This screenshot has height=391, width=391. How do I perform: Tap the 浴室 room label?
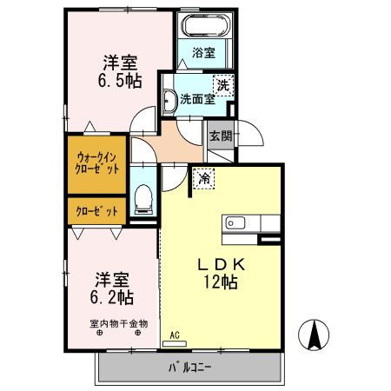pyautogui.click(x=204, y=53)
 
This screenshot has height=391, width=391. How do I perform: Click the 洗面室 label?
pyautogui.click(x=196, y=99)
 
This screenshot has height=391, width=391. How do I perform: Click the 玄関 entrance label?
pyautogui.click(x=220, y=136)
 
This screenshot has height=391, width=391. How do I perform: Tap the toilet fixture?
pyautogui.click(x=143, y=201)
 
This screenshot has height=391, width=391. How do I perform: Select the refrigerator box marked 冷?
pyautogui.click(x=204, y=178)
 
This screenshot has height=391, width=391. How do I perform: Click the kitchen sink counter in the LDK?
pyautogui.click(x=242, y=223)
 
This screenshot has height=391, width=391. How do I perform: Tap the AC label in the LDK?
pyautogui.click(x=175, y=335)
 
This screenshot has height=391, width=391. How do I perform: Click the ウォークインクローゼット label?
pyautogui.click(x=97, y=163)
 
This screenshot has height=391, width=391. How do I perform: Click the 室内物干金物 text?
pyautogui.click(x=119, y=323)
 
